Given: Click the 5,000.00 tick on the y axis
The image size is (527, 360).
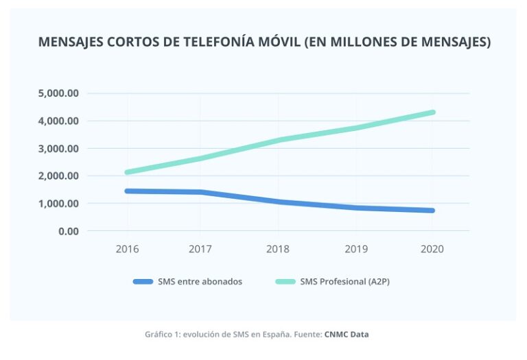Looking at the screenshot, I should (x=60, y=93).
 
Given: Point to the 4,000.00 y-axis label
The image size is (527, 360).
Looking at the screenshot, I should (x=60, y=121).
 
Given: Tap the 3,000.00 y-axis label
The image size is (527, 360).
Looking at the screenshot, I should (x=60, y=148).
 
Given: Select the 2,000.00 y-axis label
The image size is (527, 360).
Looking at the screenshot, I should (x=60, y=176).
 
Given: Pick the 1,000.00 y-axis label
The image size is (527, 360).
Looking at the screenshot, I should (x=60, y=204).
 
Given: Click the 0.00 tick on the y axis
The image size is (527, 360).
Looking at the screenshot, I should (x=68, y=231).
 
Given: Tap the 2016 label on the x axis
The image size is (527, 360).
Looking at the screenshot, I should (x=127, y=249).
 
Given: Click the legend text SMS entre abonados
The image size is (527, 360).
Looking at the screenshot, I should (x=200, y=282).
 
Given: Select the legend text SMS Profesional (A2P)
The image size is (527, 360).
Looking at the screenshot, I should (x=349, y=282).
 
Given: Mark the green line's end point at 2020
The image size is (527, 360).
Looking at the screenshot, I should (x=433, y=112).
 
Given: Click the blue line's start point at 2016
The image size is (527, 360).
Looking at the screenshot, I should (x=128, y=191).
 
